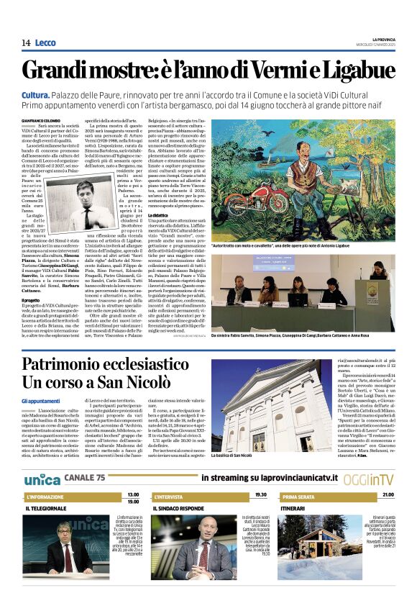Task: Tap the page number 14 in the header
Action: [26, 42]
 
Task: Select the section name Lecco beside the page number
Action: [45, 42]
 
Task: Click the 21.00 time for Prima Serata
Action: [388, 494]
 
